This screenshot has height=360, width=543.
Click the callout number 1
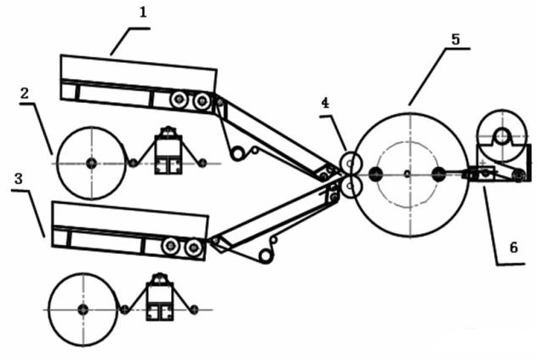tap(143, 13)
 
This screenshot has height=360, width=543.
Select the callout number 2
tap(24, 94)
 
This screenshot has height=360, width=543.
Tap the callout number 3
tap(19, 179)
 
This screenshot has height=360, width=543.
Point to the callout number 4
tap(325, 103)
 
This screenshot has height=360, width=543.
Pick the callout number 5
tap(455, 39)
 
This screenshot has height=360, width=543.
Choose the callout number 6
tap(513, 248)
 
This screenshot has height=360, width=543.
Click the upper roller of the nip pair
tap(351, 163)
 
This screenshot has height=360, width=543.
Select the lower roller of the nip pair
tap(351, 186)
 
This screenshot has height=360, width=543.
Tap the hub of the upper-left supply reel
tap(91, 163)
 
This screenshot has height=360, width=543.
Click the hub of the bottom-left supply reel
tap(83, 310)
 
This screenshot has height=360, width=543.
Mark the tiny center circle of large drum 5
tap(407, 174)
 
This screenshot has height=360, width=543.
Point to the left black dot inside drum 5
tap(375, 174)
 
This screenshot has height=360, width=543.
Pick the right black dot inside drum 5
tap(439, 174)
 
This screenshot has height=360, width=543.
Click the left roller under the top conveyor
tap(179, 100)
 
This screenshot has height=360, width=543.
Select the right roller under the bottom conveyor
tap(193, 247)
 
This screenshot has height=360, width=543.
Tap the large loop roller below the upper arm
tap(237, 153)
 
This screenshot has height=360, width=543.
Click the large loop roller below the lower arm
tap(266, 256)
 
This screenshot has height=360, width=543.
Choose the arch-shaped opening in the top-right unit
tap(502, 136)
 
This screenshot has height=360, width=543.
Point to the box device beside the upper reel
tap(169, 151)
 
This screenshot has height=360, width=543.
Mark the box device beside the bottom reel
tap(160, 297)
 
